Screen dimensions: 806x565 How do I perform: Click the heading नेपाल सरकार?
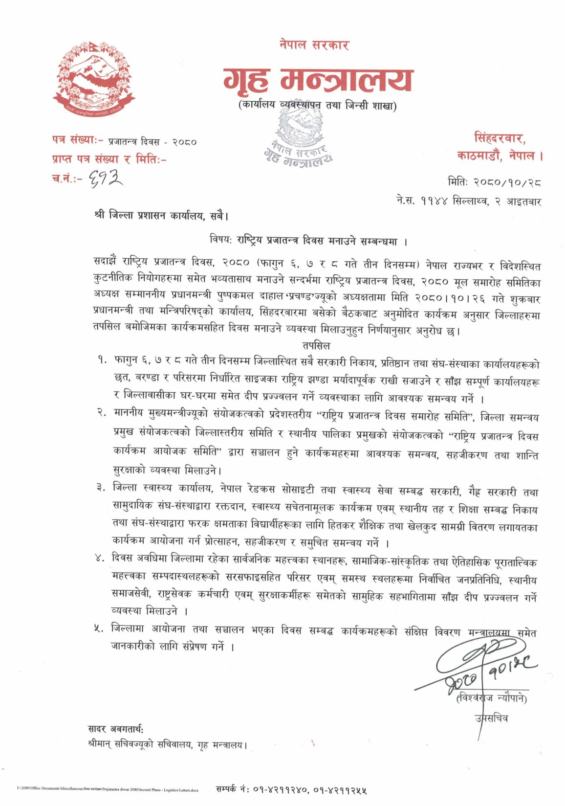(x=314, y=45)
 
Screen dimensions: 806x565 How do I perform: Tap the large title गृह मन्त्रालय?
(x=318, y=80)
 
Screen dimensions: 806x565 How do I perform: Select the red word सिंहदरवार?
(x=500, y=138)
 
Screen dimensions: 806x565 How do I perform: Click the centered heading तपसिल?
(x=316, y=345)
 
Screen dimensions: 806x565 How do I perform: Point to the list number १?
(x=102, y=361)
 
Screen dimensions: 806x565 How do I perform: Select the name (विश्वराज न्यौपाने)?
(x=491, y=699)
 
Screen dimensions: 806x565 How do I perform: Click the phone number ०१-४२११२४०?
(x=280, y=789)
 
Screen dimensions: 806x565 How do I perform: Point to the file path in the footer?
(x=108, y=789)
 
